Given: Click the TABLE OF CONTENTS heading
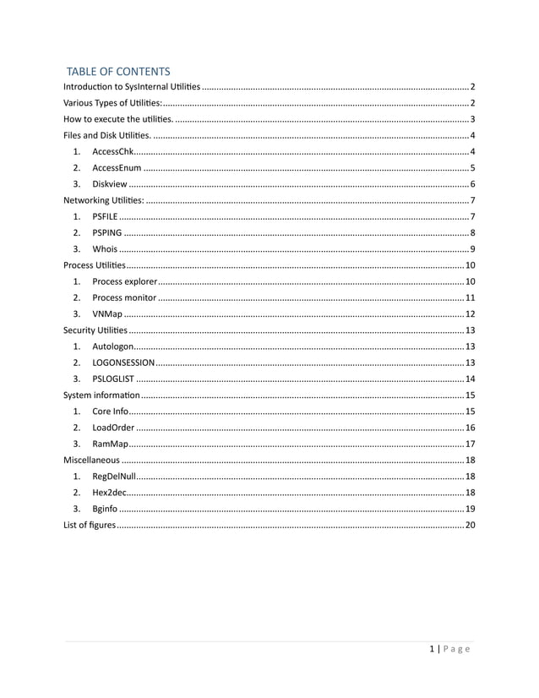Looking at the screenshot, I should coord(118,72).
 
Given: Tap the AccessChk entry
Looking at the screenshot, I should coord(112,151).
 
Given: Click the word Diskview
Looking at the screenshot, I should coord(110,184).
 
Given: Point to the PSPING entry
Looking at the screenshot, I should coord(107,232).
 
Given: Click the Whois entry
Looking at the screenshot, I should coord(105,248).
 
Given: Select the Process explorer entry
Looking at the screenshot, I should coord(124,281).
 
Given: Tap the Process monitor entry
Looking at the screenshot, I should coord(124,297).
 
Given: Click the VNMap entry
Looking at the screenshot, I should coord(107,314).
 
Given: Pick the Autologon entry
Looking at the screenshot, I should coord(112,346).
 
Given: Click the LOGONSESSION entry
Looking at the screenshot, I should coord(122,363).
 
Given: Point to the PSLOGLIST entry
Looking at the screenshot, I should coord(113,379).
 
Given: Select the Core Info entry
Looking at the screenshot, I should coord(111,411).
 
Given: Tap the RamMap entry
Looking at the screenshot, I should coord(110,444).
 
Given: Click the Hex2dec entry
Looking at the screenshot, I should coord(111,492).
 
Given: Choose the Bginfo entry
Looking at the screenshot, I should coord(106,509).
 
